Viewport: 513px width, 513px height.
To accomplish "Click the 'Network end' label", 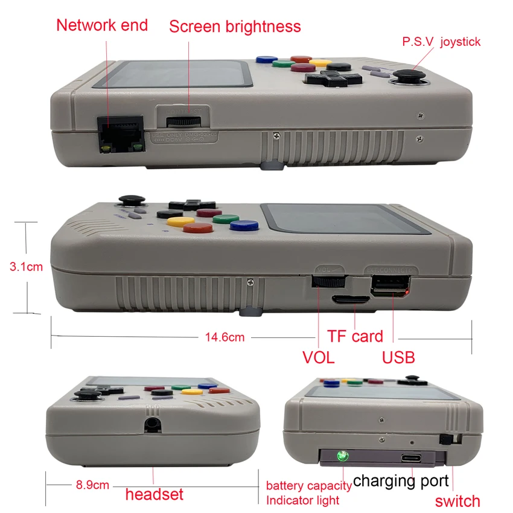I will click(x=101, y=25).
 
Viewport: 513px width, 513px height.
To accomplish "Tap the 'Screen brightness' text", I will click(x=234, y=27).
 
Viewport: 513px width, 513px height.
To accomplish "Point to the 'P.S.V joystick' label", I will click(x=441, y=42).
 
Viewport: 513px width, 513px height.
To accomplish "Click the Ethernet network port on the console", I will click(x=119, y=132).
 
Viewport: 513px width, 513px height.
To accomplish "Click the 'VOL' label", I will click(x=318, y=357).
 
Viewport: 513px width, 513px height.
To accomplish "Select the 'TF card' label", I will click(x=355, y=336).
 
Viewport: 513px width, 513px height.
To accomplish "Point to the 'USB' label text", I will click(x=398, y=357).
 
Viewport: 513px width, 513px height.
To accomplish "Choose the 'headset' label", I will click(x=154, y=494).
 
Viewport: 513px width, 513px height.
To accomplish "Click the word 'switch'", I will click(x=457, y=500).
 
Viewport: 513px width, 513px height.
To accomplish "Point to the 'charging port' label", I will click(x=401, y=481).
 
